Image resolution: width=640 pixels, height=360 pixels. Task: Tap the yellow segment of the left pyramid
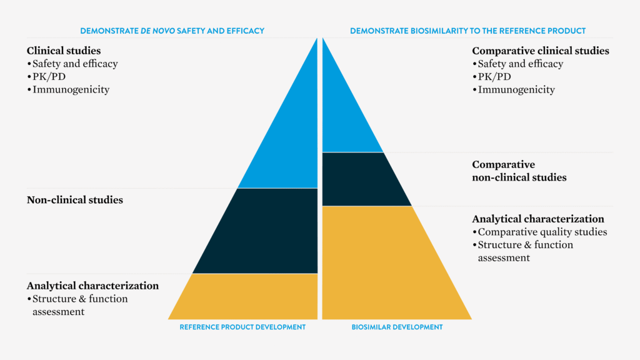click(x=250, y=297)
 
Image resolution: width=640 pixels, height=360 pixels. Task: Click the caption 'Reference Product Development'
click(x=242, y=327)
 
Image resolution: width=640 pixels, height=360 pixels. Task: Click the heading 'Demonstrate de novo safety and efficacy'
click(x=172, y=31)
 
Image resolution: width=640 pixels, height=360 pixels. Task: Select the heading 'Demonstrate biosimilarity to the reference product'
click(x=467, y=31)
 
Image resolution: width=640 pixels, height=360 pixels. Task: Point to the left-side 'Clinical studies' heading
click(x=64, y=51)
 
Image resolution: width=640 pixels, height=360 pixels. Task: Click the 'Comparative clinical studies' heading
click(x=541, y=51)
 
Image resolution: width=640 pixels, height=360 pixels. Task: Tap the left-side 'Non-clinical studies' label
click(x=75, y=200)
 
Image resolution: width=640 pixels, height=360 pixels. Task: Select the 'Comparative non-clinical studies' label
click(x=519, y=171)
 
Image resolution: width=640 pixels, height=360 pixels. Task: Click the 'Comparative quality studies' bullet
click(x=542, y=232)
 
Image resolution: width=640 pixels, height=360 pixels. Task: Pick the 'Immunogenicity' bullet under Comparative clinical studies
click(x=516, y=89)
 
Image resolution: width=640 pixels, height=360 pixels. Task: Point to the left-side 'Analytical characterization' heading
click(x=92, y=286)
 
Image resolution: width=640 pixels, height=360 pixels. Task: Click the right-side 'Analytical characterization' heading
click(x=538, y=219)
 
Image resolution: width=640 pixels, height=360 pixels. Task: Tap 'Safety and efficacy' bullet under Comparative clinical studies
click(x=520, y=64)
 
